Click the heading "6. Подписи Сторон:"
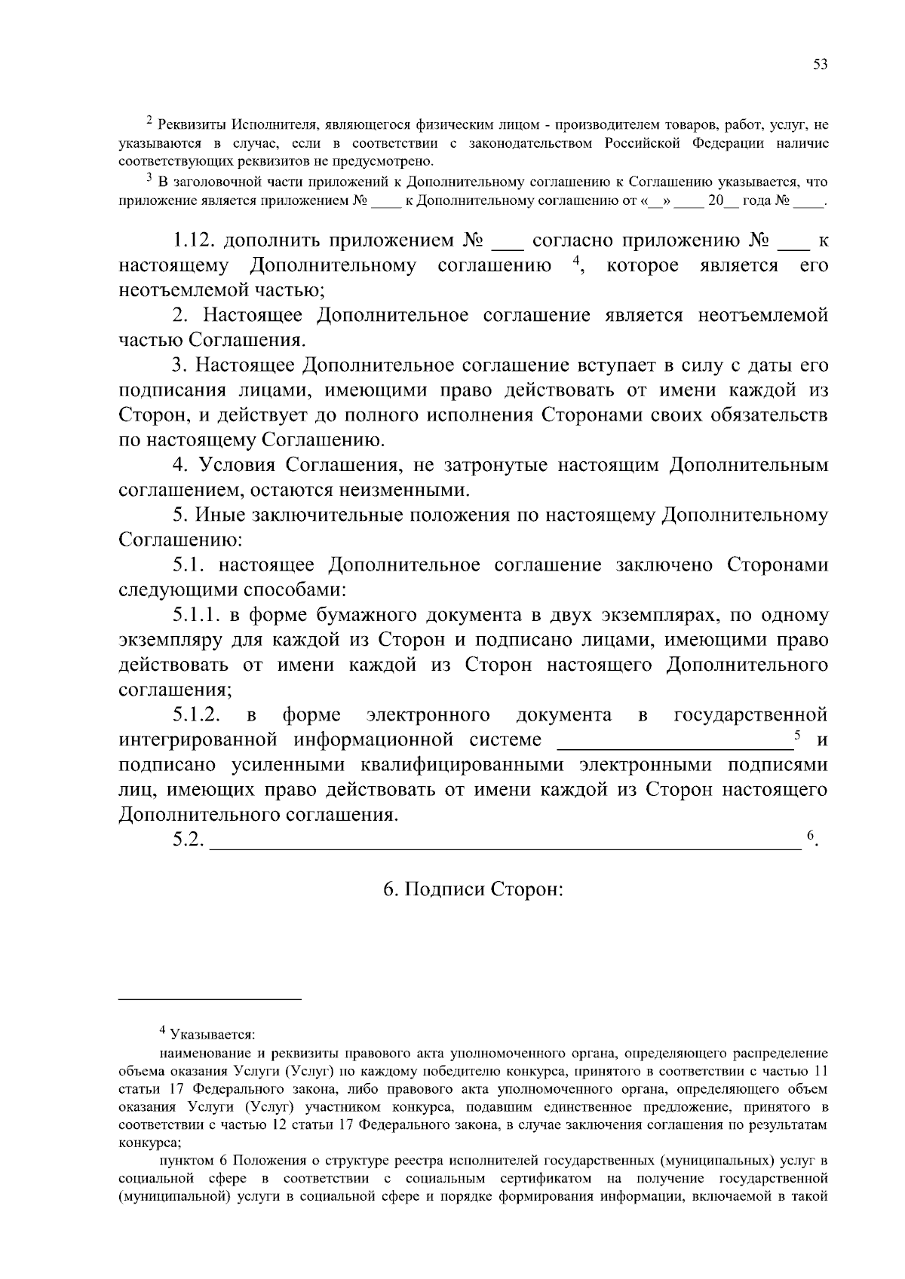point(474,889)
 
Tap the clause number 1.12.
point(195,241)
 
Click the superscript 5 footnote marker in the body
point(797,735)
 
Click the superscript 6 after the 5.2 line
point(811,835)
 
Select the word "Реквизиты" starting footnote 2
point(191,124)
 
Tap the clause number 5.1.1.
point(196,615)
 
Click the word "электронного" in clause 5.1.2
point(428,714)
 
